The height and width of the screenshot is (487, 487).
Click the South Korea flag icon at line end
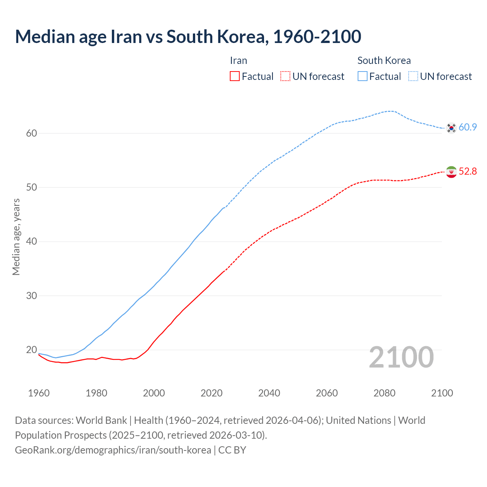(x=451, y=128)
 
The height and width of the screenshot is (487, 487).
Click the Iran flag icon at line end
(x=451, y=172)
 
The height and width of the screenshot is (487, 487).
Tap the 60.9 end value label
(x=468, y=127)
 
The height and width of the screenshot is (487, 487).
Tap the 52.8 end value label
(x=468, y=172)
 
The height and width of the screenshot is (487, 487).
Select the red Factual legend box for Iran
(x=235, y=76)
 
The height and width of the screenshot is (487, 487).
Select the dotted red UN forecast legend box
(x=285, y=76)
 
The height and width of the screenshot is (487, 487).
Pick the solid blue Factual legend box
(x=363, y=76)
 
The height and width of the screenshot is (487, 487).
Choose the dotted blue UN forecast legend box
(x=413, y=76)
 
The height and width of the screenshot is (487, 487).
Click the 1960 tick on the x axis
(x=39, y=393)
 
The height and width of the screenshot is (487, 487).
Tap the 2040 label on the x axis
(x=269, y=393)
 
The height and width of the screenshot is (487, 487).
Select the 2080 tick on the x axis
(x=384, y=393)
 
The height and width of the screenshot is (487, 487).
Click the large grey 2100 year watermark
(x=401, y=357)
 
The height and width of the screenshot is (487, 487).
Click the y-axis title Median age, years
(x=16, y=237)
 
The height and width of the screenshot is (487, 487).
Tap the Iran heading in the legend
(x=239, y=60)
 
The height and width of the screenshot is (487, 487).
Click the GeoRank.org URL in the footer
(x=113, y=450)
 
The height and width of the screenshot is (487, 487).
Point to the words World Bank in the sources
(x=101, y=420)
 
